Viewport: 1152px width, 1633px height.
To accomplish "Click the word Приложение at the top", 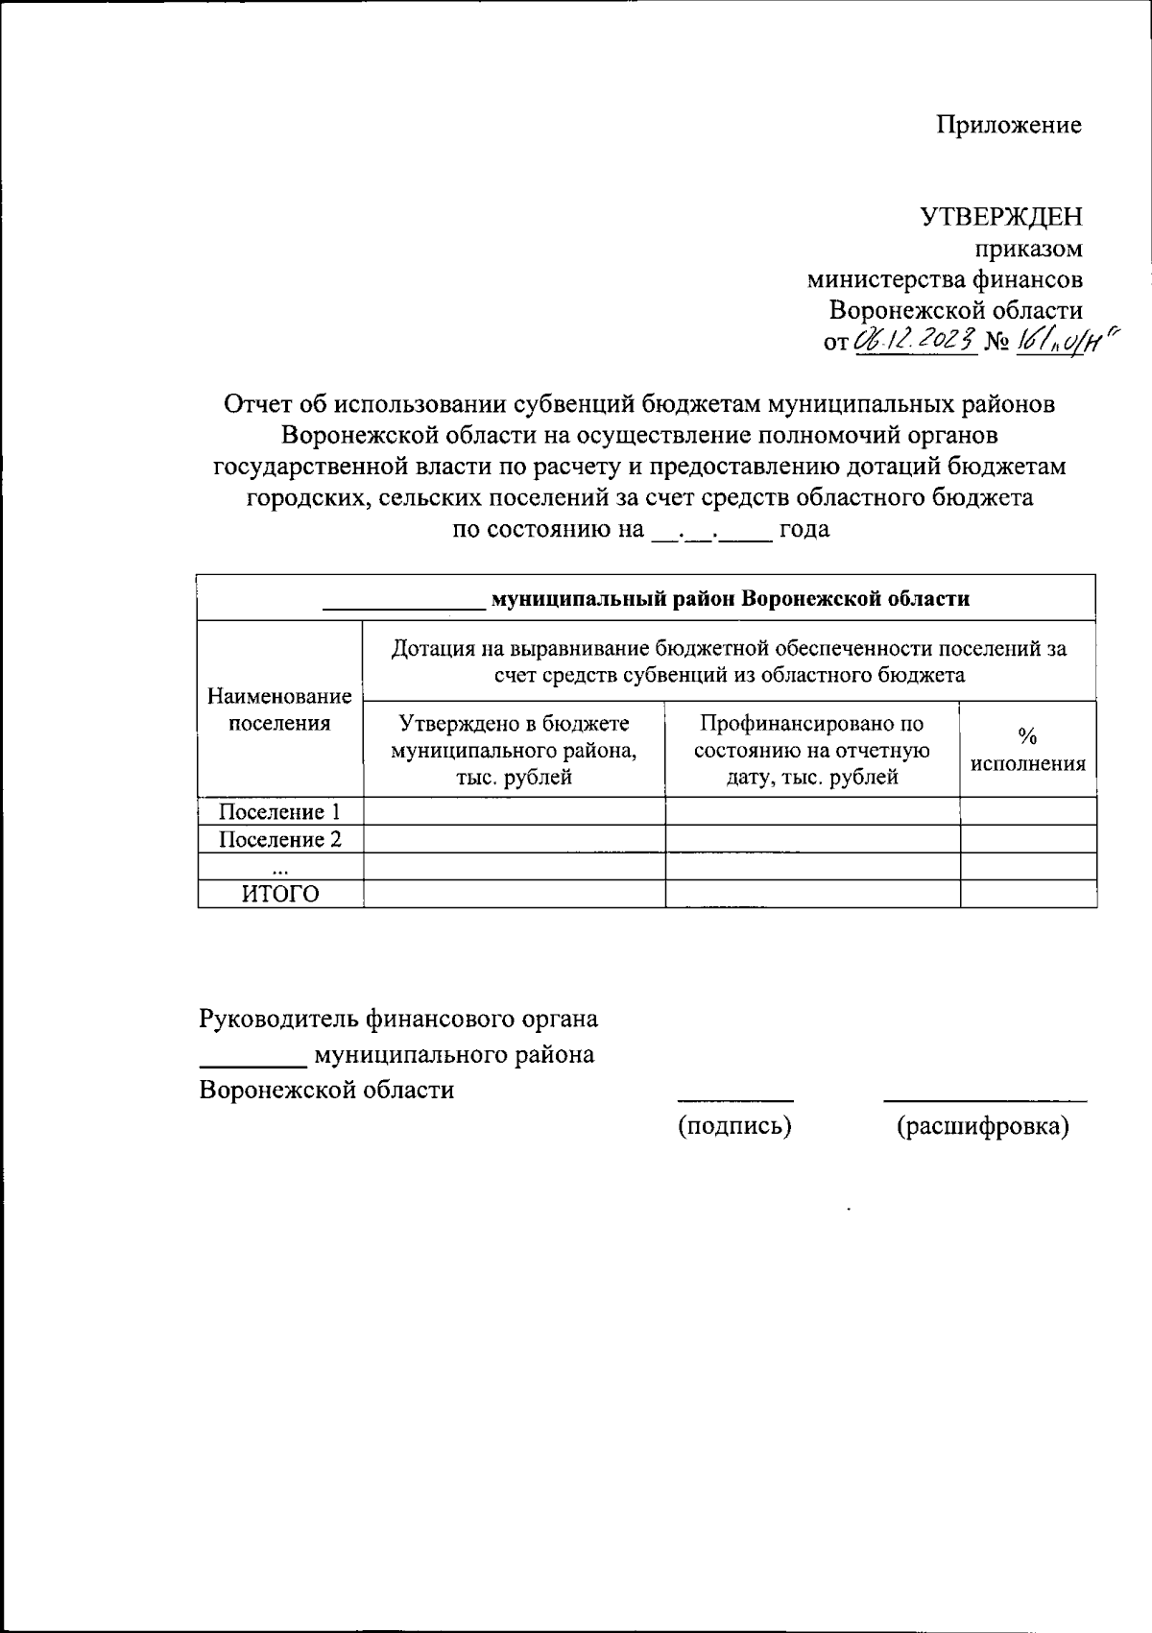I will pyautogui.click(x=1009, y=125).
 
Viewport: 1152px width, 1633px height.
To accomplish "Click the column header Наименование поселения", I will pyautogui.click(x=279, y=709).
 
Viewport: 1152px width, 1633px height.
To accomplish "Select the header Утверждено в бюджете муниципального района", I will pyautogui.click(x=514, y=749).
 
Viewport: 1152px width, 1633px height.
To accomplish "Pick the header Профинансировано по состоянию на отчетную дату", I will pyautogui.click(x=812, y=749).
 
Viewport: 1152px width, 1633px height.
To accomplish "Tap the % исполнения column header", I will pyautogui.click(x=1027, y=750).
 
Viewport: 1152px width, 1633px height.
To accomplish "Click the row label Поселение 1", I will pyautogui.click(x=279, y=812).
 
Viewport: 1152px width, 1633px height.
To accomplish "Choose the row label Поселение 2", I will pyautogui.click(x=279, y=840).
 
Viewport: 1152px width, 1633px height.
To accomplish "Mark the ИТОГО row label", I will pyautogui.click(x=279, y=895).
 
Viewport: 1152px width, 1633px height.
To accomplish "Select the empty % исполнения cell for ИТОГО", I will pyautogui.click(x=1027, y=895).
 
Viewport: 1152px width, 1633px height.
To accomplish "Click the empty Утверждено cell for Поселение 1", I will pyautogui.click(x=514, y=812).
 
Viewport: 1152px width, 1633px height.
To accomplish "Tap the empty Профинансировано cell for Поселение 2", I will pyautogui.click(x=812, y=840).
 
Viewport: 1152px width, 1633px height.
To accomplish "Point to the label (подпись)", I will pyautogui.click(x=735, y=1125).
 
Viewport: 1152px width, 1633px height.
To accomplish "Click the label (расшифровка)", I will pyautogui.click(x=982, y=1125).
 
